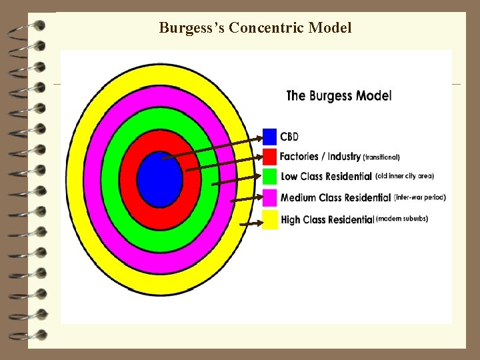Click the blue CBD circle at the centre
160,178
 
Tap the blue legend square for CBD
269,137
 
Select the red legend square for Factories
269,157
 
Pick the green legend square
269,177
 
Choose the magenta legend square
269,197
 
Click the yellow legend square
269,219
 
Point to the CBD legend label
289,137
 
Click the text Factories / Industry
320,157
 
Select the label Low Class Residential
326,177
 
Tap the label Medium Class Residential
335,197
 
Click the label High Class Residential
327,219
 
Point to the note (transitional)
381,157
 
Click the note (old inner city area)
405,176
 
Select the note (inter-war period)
420,197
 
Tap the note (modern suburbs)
402,218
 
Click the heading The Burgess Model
339,95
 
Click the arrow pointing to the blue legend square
213,147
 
